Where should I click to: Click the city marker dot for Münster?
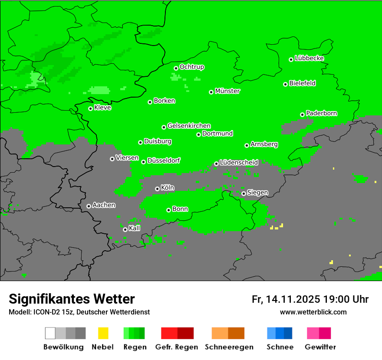(x=211, y=92)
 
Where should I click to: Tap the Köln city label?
(x=167, y=188)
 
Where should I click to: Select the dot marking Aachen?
(x=89, y=206)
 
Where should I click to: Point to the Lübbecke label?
(x=309, y=58)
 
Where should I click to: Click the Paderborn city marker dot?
(x=302, y=115)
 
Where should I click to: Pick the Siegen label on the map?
(x=257, y=192)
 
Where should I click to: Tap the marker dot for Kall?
(x=125, y=229)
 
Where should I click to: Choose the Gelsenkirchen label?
(x=189, y=126)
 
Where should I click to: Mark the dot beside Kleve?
(x=90, y=108)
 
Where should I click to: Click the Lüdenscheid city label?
(x=239, y=163)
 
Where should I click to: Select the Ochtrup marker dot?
(x=176, y=68)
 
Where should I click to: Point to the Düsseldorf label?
(x=163, y=160)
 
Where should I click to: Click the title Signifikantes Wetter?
(x=72, y=299)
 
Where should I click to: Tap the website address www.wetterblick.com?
(x=313, y=312)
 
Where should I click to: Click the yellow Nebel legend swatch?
(x=103, y=333)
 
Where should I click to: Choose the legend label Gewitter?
(x=320, y=347)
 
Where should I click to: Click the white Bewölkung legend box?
(x=50, y=333)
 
